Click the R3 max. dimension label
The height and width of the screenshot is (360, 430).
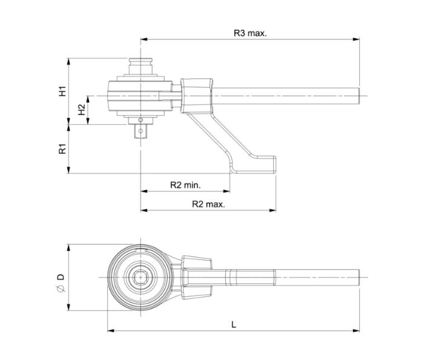point(250,33)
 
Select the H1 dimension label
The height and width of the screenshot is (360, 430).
point(62,92)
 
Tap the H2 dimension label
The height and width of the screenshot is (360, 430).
point(82,110)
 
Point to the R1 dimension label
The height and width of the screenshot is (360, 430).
point(62,148)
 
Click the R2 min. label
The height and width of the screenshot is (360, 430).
point(185,185)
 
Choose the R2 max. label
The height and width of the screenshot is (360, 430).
point(208,204)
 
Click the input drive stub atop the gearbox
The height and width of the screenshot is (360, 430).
point(141,63)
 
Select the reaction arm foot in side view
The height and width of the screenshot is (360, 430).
point(254,164)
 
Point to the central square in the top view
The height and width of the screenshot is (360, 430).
point(141,278)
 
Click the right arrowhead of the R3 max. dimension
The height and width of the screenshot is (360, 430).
point(357,40)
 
